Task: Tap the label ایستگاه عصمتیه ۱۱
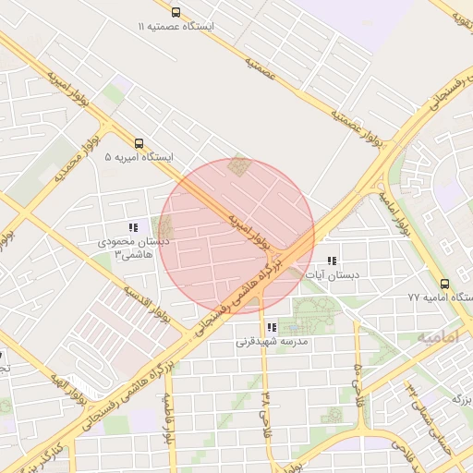176,27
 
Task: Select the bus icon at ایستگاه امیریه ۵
139,143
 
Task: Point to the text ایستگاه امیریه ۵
139,158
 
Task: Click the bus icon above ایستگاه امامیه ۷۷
444,284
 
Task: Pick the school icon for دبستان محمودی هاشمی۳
133,227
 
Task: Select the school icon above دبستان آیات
333,261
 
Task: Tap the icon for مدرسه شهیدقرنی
271,327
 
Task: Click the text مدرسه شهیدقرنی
271,342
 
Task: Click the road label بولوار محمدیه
59,167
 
